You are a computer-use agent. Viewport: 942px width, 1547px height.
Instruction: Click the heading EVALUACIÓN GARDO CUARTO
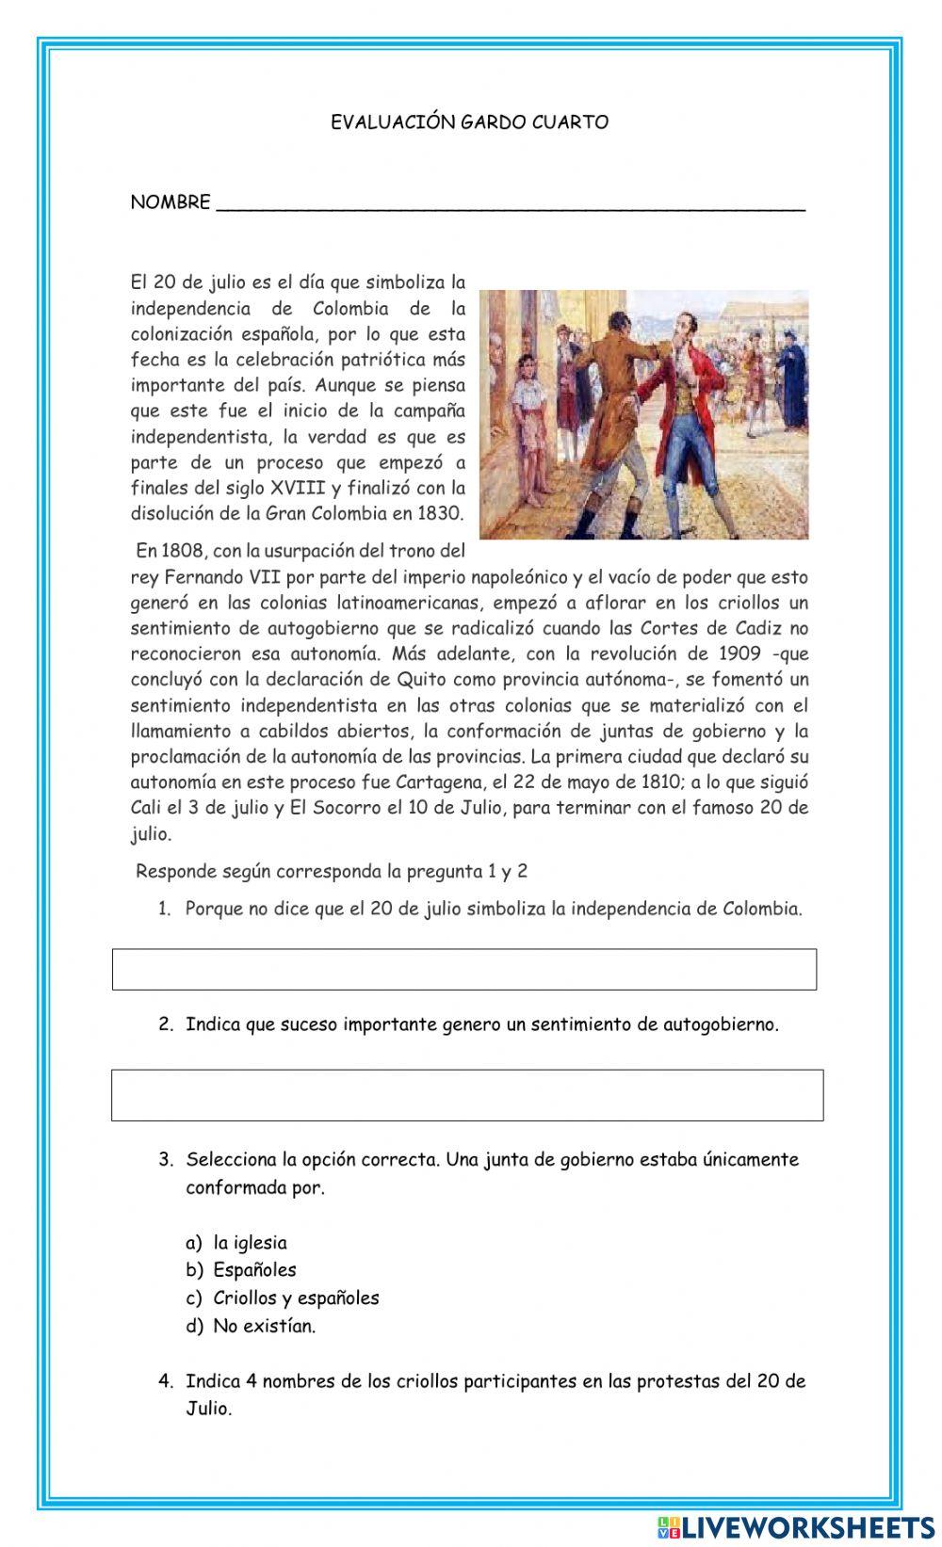tap(469, 121)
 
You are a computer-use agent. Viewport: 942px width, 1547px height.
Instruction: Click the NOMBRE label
tap(171, 202)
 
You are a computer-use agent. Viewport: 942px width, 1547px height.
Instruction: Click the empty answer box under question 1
tap(464, 969)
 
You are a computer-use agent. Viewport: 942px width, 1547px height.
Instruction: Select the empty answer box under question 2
tap(467, 1095)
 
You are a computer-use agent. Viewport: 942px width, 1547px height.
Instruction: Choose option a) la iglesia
tap(250, 1243)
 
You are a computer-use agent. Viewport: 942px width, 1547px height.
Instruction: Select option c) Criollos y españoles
tap(296, 1297)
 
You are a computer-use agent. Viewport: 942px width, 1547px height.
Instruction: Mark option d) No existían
tap(264, 1326)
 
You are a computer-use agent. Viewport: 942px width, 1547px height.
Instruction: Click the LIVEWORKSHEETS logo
tap(795, 1525)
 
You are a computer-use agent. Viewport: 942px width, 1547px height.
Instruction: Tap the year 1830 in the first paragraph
tap(441, 513)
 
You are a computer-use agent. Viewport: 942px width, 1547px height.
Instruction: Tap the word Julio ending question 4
tap(207, 1409)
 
